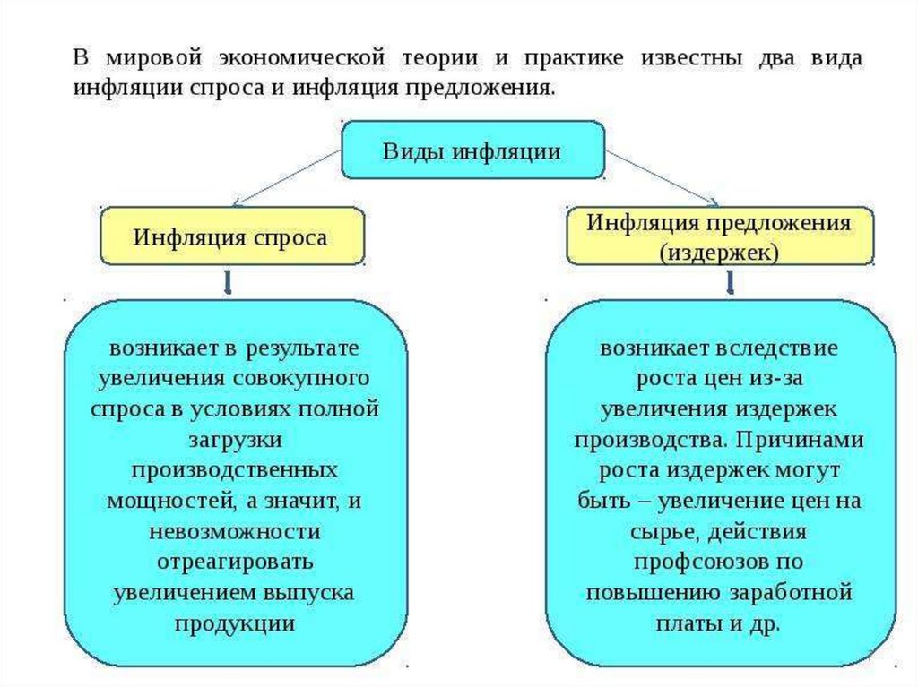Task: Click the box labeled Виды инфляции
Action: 472,150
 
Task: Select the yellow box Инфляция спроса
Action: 231,237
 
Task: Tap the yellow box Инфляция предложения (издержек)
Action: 719,237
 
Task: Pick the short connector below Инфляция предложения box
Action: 728,282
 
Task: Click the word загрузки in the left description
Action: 235,440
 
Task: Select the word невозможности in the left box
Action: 235,531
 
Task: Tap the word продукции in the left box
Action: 235,623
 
